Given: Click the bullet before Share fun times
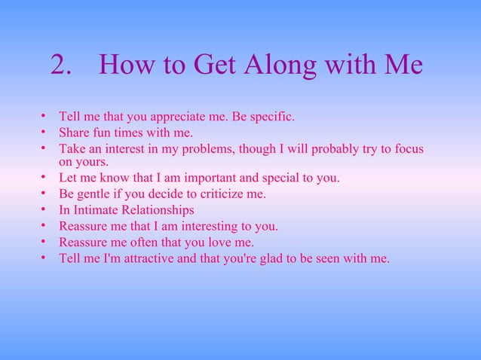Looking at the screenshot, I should click(45, 132).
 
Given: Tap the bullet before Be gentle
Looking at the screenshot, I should click(45, 193).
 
